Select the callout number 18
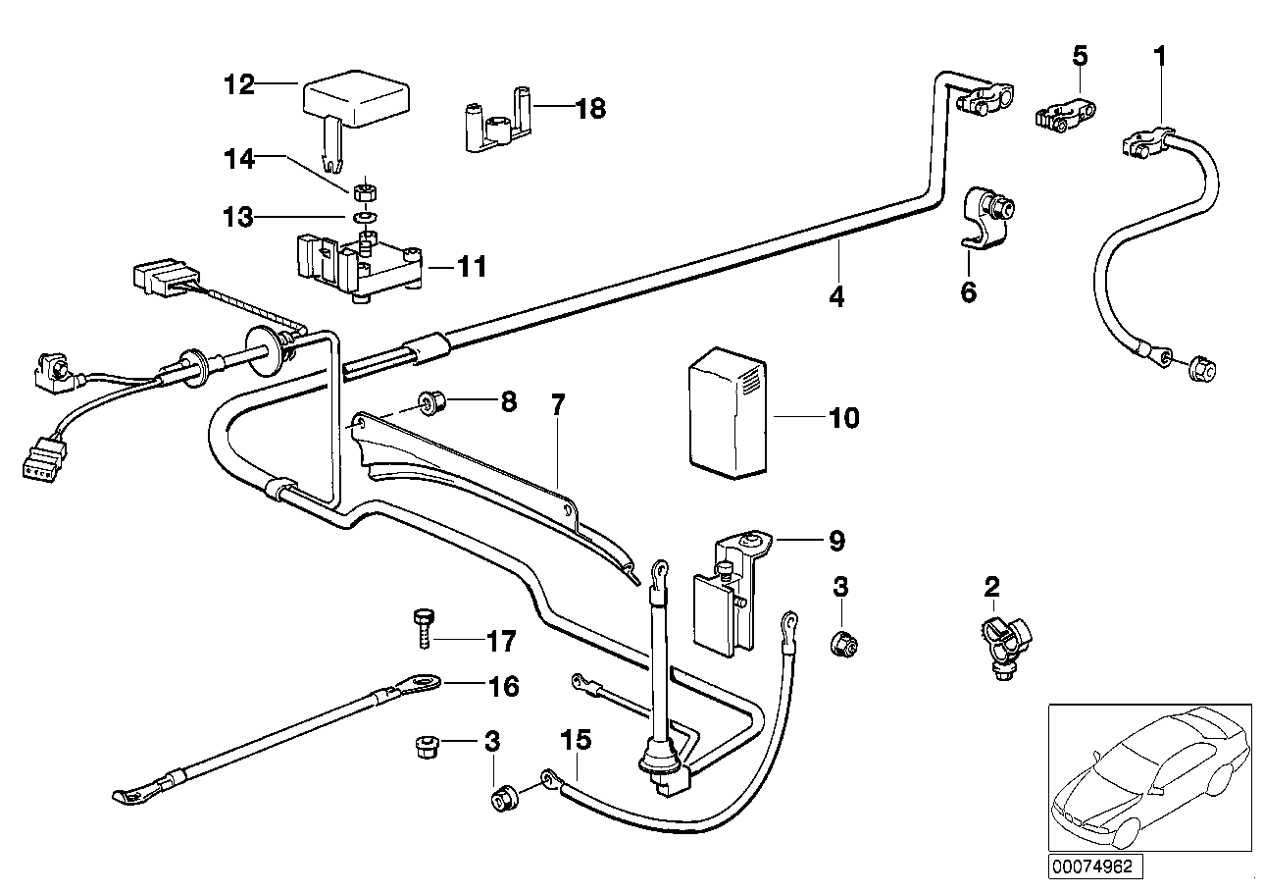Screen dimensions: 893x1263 click(x=591, y=109)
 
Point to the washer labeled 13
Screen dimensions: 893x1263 click(x=365, y=215)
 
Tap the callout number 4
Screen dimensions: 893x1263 click(x=835, y=295)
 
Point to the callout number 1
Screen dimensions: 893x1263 click(x=1159, y=57)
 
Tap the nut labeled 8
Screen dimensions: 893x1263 click(x=429, y=401)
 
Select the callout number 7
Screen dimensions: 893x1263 click(x=557, y=403)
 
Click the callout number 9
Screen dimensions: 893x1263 click(x=835, y=540)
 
